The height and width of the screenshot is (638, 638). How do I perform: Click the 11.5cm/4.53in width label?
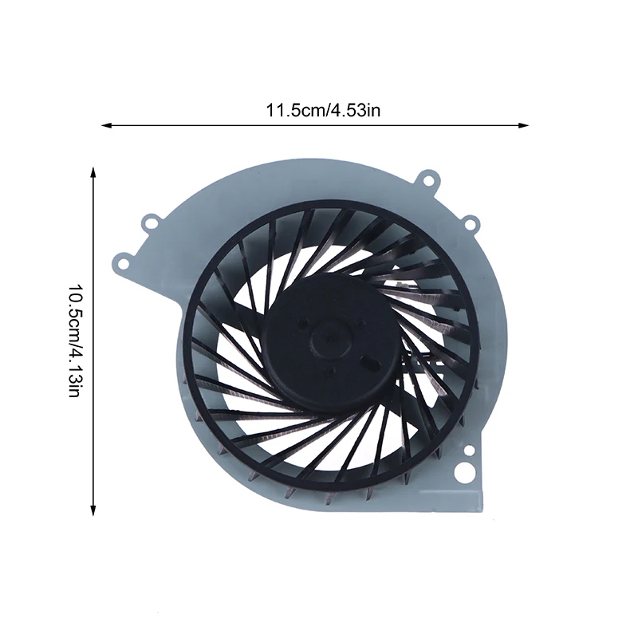(323, 110)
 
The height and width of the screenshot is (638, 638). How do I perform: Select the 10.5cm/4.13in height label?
(76, 341)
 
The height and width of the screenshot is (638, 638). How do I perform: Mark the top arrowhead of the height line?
(94, 171)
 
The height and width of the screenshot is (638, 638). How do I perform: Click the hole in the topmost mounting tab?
(428, 180)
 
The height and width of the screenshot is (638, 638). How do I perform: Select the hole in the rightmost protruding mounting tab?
(471, 224)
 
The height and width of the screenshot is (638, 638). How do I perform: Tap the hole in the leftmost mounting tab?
(122, 259)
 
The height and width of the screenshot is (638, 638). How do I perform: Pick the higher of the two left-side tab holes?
(148, 216)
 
